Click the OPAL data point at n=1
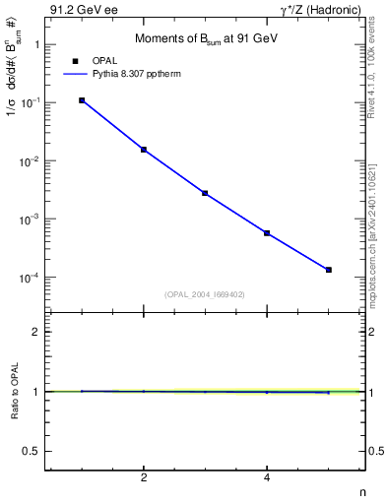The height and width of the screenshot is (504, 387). point(82,100)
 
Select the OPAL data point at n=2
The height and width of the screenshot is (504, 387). point(144,150)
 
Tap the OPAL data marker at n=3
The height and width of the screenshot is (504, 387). point(205,193)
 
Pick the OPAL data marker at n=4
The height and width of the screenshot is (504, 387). point(267,233)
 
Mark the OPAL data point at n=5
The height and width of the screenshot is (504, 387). point(329,270)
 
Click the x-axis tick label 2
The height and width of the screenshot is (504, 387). point(144,478)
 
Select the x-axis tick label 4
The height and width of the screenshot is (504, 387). point(267,478)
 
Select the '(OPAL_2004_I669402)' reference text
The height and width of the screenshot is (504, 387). point(204,293)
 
